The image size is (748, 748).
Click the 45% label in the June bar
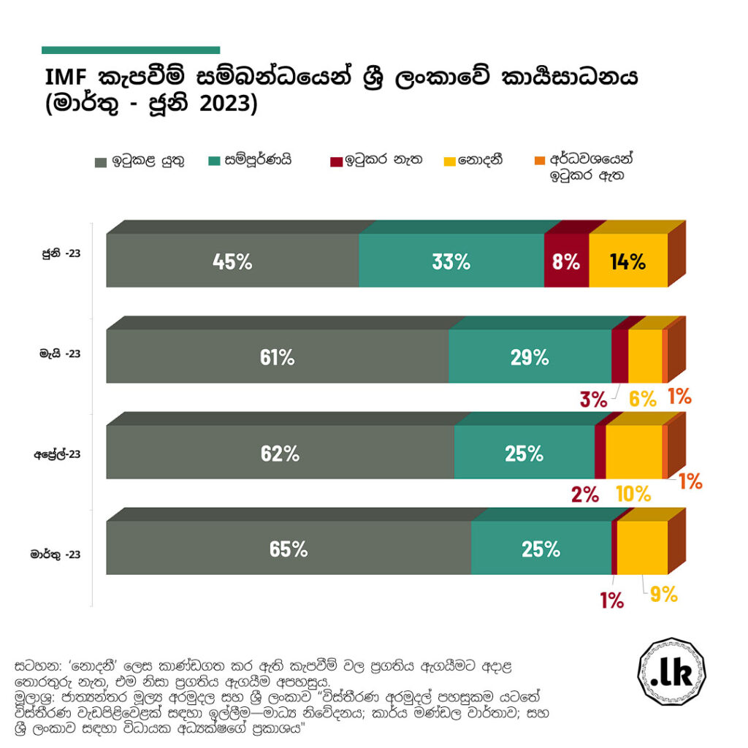tap(232, 262)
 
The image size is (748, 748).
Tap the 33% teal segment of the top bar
tap(451, 262)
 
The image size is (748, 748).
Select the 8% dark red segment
tap(566, 262)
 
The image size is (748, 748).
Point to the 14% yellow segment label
tap(628, 262)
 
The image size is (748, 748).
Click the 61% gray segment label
tap(277, 357)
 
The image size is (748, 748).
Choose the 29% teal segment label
tap(530, 357)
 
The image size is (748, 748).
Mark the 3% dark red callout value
tap(594, 399)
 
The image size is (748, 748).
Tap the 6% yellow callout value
tap(643, 399)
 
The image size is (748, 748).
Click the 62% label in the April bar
tap(280, 454)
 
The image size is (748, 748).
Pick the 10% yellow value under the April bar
tap(633, 495)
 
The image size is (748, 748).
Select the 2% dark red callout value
tap(585, 495)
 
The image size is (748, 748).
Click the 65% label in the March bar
tap(289, 549)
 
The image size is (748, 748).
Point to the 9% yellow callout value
tap(664, 594)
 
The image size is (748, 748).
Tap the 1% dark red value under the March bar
tap(611, 600)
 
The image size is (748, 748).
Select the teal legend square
tap(215, 160)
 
